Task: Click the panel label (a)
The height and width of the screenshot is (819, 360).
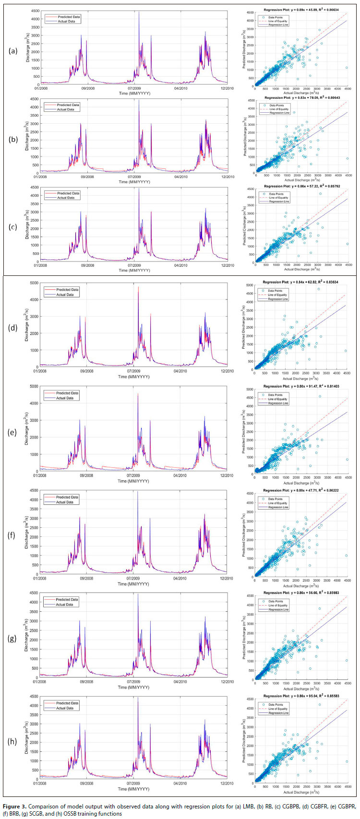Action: coord(14,50)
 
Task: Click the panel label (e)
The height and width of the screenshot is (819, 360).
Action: coord(14,432)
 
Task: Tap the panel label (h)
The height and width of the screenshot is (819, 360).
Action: coord(14,741)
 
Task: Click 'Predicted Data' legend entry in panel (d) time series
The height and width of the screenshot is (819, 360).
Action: coord(67,290)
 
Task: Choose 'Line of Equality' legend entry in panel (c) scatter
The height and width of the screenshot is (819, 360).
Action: coord(278,198)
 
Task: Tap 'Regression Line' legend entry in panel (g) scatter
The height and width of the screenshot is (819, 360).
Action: coord(278,609)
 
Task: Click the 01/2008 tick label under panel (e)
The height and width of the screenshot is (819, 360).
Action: coord(40,475)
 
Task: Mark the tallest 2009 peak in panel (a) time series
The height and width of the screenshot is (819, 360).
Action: coord(139,13)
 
